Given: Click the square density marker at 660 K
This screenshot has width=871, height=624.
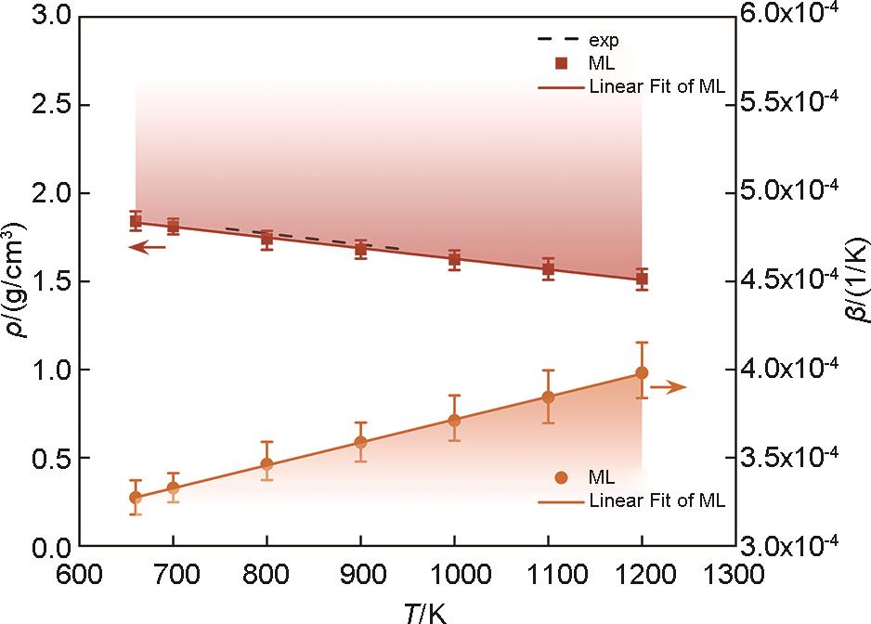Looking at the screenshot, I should pyautogui.click(x=136, y=221).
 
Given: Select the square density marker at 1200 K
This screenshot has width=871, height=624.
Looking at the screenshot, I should pyautogui.click(x=642, y=279).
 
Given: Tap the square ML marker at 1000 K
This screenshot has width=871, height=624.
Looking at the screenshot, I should pyautogui.click(x=454, y=259).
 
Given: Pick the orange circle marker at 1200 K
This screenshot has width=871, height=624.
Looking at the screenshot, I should pyautogui.click(x=642, y=372).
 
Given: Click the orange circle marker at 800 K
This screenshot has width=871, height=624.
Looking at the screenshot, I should pyautogui.click(x=266, y=464).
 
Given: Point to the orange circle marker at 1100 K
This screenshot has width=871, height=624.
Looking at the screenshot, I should pyautogui.click(x=548, y=397).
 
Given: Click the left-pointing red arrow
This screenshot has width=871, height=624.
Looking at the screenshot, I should pyautogui.click(x=147, y=247).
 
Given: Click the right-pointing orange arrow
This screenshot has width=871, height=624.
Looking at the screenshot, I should pyautogui.click(x=668, y=386).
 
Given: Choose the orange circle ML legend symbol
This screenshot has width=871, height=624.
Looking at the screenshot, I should pyautogui.click(x=560, y=477).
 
